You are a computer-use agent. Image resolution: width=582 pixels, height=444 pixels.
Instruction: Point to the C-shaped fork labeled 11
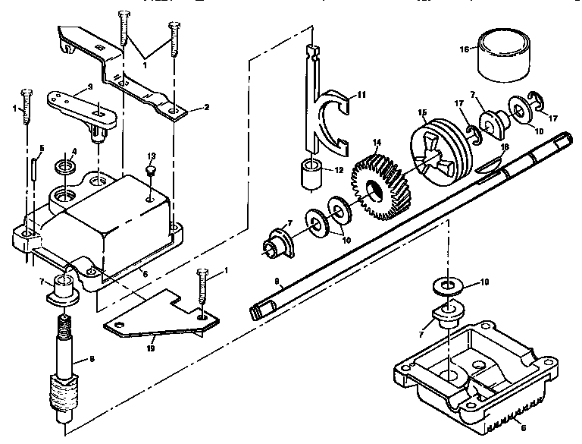(x=333, y=121)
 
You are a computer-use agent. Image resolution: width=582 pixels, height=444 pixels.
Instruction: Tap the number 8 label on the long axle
(x=277, y=282)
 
